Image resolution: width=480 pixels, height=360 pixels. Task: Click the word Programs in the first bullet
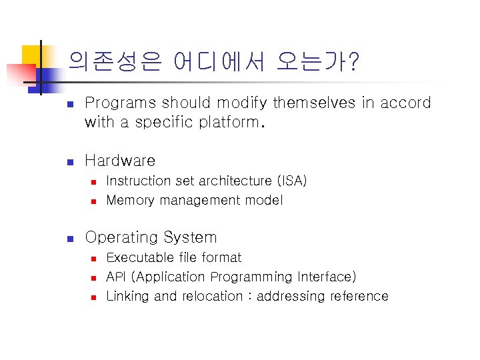(121, 103)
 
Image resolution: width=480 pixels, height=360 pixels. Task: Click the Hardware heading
(120, 161)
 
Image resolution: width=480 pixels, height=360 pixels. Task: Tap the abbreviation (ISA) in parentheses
(291, 181)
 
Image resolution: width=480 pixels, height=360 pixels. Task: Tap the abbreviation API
(117, 277)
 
